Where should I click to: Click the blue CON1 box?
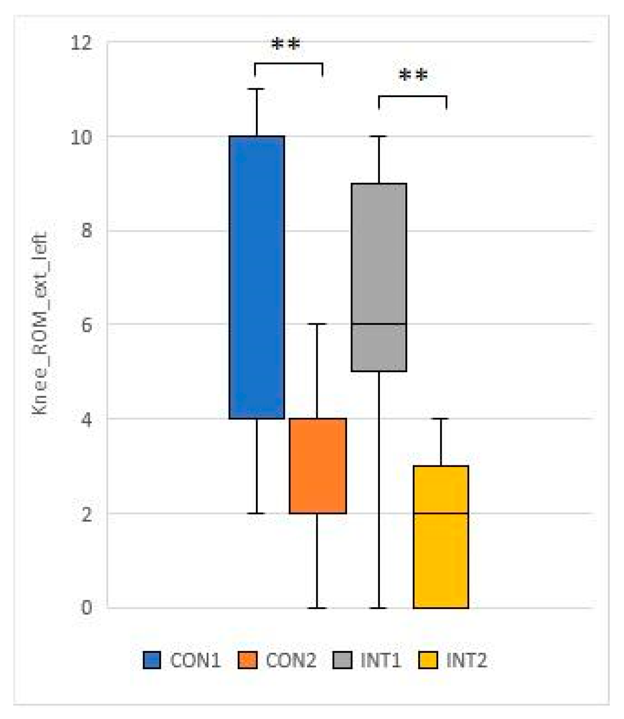[257, 277]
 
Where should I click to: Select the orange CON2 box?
[318, 465]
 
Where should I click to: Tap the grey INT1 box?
[379, 277]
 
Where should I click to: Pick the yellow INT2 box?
[441, 537]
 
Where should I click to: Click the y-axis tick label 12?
[81, 43]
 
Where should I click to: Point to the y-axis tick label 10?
[81, 137]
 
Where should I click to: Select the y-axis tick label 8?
[87, 231]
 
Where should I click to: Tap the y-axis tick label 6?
[87, 325]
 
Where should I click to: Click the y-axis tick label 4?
[87, 419]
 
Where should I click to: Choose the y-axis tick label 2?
[87, 514]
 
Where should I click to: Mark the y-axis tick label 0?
[87, 608]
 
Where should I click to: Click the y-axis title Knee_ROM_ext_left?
[40, 324]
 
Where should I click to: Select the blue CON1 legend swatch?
[152, 660]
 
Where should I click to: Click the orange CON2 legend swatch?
[247, 660]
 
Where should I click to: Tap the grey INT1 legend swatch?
[342, 660]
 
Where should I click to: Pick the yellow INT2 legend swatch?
[428, 660]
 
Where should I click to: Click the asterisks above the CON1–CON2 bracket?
[286, 44]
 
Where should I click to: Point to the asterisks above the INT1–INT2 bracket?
[413, 76]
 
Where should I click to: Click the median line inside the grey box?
[379, 324]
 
